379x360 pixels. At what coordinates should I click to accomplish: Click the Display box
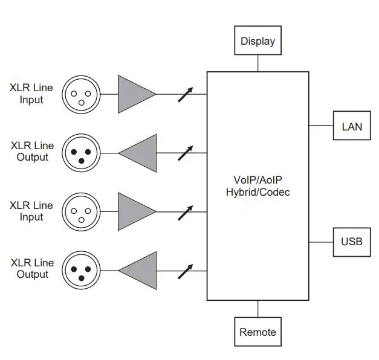258,41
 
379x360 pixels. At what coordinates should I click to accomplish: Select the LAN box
352,126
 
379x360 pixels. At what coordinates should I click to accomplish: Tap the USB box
352,242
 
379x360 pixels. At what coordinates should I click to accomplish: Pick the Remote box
258,332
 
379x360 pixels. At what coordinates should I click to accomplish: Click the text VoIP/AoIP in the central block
258,180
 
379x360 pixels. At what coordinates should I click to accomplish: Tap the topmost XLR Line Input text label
31,94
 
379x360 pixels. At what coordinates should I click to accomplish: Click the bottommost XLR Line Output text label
31,269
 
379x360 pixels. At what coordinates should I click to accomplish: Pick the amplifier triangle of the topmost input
134,94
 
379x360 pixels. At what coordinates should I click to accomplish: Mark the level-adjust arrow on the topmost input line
186,94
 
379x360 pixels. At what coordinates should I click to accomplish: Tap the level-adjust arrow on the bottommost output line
186,271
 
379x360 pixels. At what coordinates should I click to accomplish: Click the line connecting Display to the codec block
258,63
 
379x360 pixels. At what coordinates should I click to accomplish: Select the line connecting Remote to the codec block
258,309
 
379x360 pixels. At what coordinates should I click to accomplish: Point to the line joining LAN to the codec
321,126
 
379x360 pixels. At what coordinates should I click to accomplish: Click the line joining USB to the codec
321,242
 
